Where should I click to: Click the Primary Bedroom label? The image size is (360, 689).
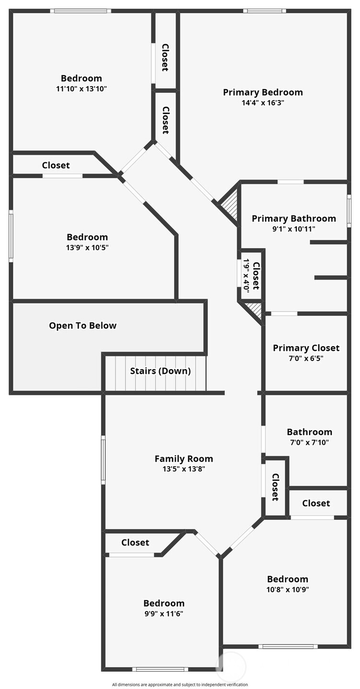(263, 92)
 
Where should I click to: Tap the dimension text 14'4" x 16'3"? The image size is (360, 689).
(263, 102)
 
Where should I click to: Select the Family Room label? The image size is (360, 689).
(183, 459)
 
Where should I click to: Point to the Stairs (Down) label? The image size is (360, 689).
(160, 371)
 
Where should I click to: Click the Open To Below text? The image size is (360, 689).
(82, 326)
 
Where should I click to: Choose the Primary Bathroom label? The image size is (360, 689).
(293, 219)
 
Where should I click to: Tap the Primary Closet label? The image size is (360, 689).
(306, 348)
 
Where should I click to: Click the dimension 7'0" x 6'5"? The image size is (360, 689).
(306, 358)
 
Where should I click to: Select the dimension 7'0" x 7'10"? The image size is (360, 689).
(309, 442)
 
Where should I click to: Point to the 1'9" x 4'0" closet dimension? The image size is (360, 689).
(246, 275)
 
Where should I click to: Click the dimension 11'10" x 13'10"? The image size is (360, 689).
(81, 89)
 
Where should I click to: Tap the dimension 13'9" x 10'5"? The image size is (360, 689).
(87, 248)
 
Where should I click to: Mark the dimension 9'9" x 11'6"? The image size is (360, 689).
(164, 613)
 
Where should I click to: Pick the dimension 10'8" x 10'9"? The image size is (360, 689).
(288, 589)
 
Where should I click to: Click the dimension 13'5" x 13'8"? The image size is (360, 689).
(183, 469)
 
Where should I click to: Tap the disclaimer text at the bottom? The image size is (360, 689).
(180, 685)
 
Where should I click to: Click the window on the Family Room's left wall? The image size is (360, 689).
(103, 460)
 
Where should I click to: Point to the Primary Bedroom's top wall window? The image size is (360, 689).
(264, 11)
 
